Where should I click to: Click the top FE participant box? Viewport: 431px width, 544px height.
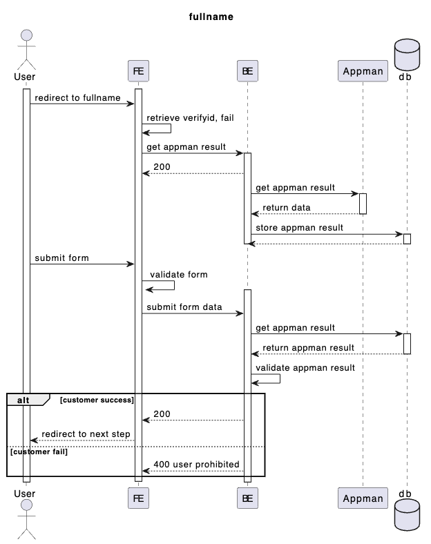click(138, 70)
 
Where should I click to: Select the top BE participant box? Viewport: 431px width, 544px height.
click(247, 70)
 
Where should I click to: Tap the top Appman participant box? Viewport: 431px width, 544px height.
click(363, 70)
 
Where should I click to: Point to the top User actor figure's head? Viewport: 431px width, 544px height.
click(26, 37)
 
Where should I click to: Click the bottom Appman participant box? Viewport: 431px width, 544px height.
click(363, 498)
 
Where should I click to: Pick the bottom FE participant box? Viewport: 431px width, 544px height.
click(138, 498)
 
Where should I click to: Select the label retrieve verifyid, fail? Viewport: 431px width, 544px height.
click(190, 117)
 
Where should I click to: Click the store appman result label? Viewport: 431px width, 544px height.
click(299, 227)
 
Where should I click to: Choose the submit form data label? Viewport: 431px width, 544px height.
click(184, 307)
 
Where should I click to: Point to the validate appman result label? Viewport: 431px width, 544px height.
click(305, 367)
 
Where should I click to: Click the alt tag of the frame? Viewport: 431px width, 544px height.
click(25, 400)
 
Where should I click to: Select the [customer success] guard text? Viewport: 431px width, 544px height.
click(97, 400)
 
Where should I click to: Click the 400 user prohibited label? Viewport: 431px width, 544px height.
click(196, 465)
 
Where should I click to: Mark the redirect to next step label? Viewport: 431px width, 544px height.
click(86, 434)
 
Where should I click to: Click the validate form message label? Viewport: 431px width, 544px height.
click(178, 274)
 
